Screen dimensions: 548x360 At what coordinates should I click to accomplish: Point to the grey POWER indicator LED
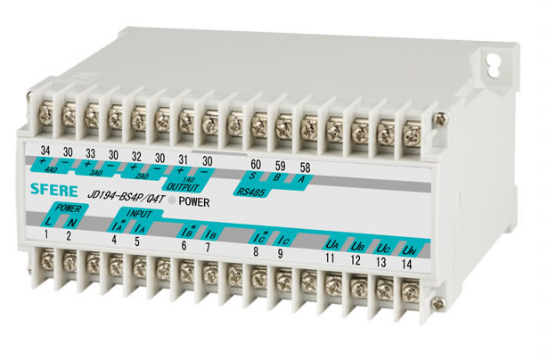(171, 200)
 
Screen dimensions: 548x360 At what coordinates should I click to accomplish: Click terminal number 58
(306, 168)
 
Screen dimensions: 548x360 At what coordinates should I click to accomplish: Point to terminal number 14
(408, 263)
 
